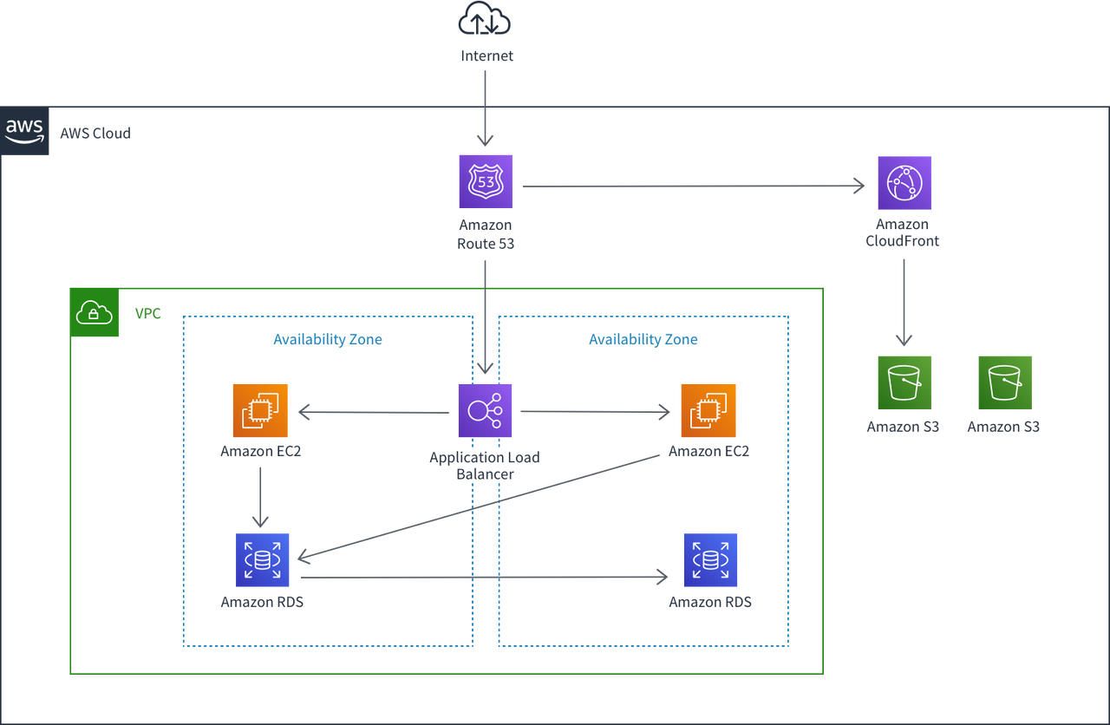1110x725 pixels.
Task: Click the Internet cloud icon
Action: pyautogui.click(x=485, y=19)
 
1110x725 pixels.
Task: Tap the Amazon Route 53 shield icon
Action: pyautogui.click(x=486, y=182)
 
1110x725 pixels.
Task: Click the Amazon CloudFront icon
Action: pyautogui.click(x=904, y=183)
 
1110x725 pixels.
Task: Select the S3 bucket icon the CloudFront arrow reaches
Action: pyautogui.click(x=904, y=382)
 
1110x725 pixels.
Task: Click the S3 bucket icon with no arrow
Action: pyautogui.click(x=1005, y=382)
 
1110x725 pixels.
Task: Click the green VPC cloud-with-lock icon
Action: pyautogui.click(x=95, y=313)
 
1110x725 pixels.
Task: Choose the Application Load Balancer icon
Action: pyautogui.click(x=486, y=411)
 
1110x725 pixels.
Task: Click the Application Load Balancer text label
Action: pyautogui.click(x=484, y=466)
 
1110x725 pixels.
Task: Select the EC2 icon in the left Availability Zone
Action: pyautogui.click(x=260, y=411)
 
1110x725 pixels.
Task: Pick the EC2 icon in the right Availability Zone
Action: pyautogui.click(x=708, y=411)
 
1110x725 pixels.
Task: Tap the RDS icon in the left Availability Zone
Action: pyautogui.click(x=263, y=560)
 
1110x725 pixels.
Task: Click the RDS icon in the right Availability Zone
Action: pyautogui.click(x=710, y=560)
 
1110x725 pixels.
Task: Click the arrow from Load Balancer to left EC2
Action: pyautogui.click(x=373, y=413)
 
